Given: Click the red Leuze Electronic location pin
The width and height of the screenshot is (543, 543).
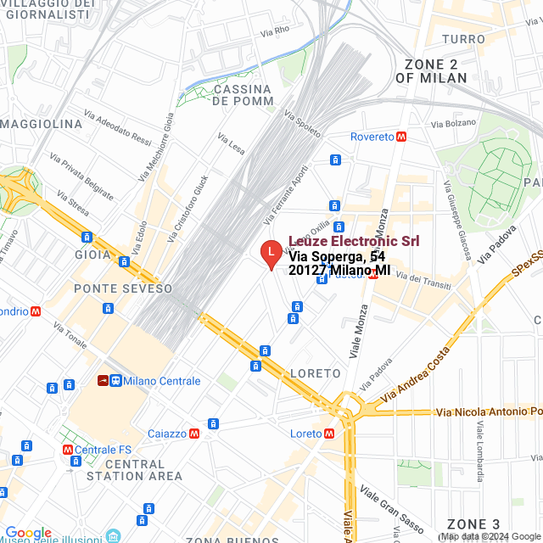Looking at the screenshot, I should click(x=270, y=253).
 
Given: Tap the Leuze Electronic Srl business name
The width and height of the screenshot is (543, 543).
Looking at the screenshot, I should click(x=354, y=241).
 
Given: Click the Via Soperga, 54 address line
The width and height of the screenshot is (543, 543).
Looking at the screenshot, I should click(x=337, y=256).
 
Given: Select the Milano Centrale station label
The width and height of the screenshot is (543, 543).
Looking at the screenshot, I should click(x=161, y=381).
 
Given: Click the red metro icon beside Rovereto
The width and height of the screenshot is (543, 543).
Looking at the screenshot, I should click(x=400, y=137).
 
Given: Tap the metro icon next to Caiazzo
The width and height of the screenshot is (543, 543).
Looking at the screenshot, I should click(x=195, y=434).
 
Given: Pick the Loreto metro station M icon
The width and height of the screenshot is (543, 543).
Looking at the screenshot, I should click(x=328, y=434).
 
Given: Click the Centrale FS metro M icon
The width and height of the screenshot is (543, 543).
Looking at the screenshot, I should click(x=67, y=450).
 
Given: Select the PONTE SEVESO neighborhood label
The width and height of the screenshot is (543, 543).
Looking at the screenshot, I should click(x=123, y=288).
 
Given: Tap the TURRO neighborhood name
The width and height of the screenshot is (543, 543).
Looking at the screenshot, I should click(x=464, y=39).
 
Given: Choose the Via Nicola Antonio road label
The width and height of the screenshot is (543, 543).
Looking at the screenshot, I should click(x=488, y=412).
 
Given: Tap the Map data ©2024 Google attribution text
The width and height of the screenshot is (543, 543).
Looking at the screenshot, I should click(x=490, y=537).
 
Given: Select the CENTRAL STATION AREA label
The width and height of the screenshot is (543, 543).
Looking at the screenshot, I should click(x=134, y=470).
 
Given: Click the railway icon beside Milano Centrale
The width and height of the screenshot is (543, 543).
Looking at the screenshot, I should click(x=102, y=381).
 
